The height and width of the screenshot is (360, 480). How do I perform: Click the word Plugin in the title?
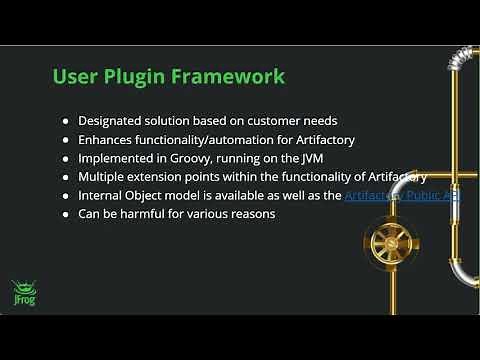131,77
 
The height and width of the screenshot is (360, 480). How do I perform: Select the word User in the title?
75,76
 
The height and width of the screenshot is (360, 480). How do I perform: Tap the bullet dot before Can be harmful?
66,214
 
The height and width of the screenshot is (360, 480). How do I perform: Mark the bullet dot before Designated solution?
66,121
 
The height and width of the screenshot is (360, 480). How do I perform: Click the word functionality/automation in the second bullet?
209,140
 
